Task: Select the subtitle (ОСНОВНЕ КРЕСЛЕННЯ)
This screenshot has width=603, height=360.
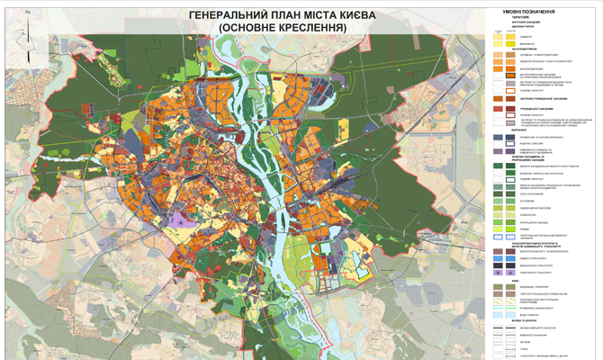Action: tap(282, 29)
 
